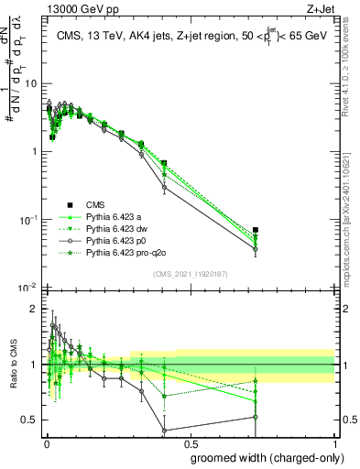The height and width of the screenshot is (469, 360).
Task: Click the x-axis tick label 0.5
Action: [x=190, y=442]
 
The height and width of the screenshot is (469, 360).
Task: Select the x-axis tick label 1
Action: [x=333, y=442]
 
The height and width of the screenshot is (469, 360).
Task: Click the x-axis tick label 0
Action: [x=46, y=442]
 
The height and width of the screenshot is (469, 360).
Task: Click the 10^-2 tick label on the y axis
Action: [x=28, y=288]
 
